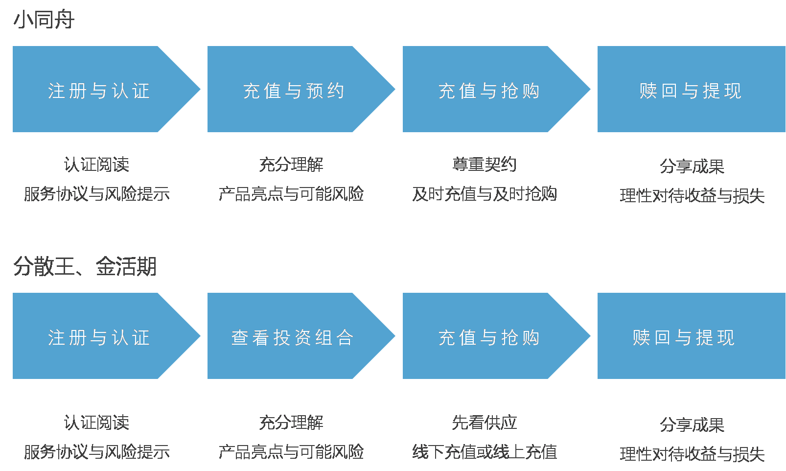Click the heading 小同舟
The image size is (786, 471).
point(44,20)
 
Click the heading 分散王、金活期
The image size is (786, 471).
point(85,267)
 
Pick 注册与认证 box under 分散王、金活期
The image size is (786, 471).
point(98,337)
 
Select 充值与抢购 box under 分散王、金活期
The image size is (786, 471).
point(489,337)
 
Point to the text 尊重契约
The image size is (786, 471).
point(485,165)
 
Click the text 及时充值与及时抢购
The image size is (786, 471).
point(485,194)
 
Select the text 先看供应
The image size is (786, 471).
point(485,423)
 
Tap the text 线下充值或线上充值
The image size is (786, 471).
point(485,452)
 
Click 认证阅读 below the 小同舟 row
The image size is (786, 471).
point(96,165)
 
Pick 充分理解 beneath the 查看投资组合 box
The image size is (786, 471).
point(291,423)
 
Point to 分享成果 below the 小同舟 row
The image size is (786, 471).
point(692,166)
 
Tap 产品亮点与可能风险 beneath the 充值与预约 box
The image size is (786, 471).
point(291,194)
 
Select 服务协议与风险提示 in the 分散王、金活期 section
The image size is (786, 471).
point(96,452)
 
